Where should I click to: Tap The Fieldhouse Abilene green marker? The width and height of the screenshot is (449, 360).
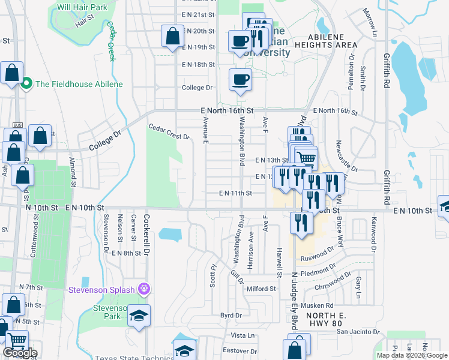click(26, 84)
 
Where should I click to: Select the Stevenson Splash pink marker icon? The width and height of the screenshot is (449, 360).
click(143, 289)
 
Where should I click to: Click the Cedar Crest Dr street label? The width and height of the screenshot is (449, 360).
click(169, 131)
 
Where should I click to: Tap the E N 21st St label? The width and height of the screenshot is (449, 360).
click(197, 14)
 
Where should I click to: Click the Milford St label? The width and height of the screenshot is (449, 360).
click(261, 289)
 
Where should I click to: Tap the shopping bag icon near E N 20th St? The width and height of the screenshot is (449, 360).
click(172, 35)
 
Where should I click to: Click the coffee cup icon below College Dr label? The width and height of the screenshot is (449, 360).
click(240, 80)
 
